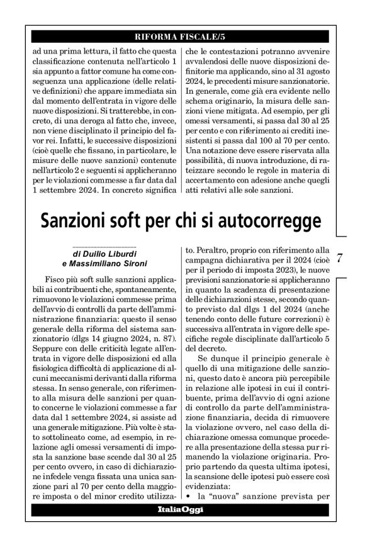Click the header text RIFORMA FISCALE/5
pos(182,36)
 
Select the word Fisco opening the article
pos(58,278)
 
